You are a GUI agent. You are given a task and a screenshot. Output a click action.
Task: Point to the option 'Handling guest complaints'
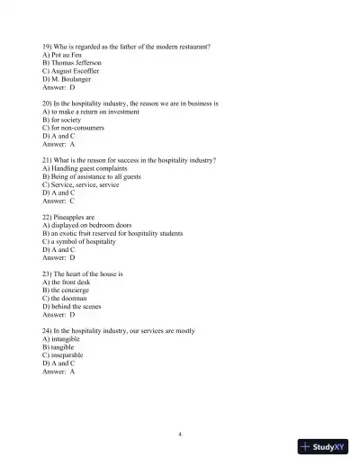(85, 168)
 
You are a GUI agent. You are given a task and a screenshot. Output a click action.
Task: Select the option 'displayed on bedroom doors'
(86, 225)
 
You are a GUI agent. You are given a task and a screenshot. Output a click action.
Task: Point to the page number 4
(180, 435)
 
